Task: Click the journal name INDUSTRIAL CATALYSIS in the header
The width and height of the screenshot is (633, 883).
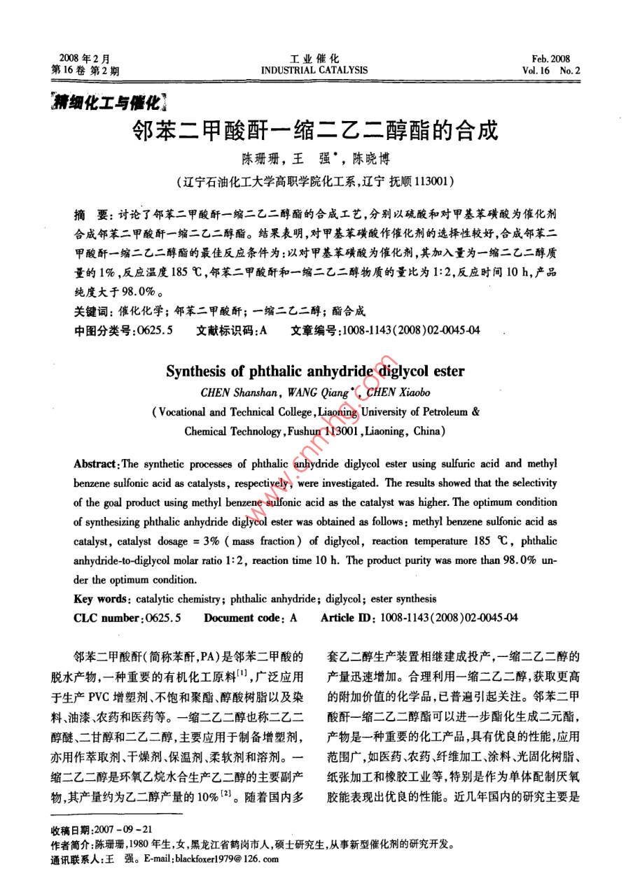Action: [x=314, y=70]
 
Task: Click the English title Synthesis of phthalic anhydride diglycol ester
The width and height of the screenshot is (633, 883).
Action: [x=315, y=371]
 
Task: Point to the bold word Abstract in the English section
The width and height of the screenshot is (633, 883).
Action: [x=95, y=464]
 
